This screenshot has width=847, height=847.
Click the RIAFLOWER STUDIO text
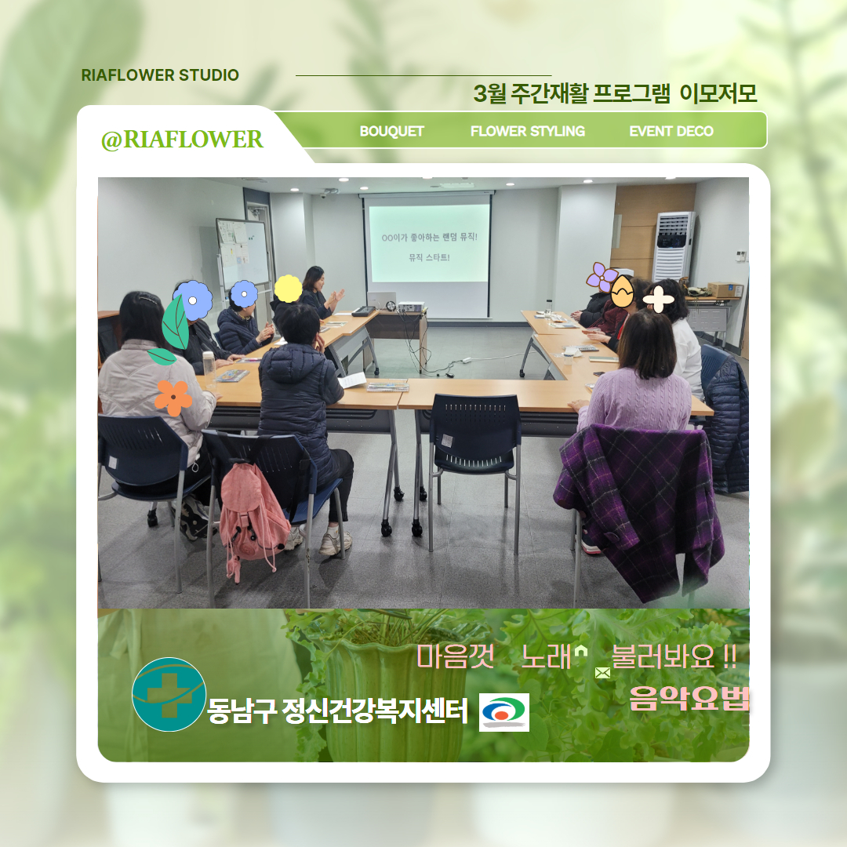tap(160, 75)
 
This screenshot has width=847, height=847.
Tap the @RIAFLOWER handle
tap(182, 140)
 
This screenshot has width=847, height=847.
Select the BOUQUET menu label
tap(391, 131)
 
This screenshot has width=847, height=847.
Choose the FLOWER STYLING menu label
tap(528, 131)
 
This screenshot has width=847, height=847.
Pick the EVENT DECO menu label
tap(671, 131)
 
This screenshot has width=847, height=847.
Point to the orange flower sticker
tap(173, 398)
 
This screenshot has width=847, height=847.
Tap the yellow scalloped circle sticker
tap(289, 289)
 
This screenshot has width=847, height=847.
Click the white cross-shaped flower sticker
tap(659, 299)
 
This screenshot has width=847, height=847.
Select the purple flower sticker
tap(601, 277)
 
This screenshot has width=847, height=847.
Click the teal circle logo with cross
tap(169, 694)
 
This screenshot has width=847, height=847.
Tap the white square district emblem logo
tap(504, 712)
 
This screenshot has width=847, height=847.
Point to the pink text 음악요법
tap(689, 698)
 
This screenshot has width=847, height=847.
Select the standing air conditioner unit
tap(673, 246)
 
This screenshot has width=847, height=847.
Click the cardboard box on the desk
tap(725, 289)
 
